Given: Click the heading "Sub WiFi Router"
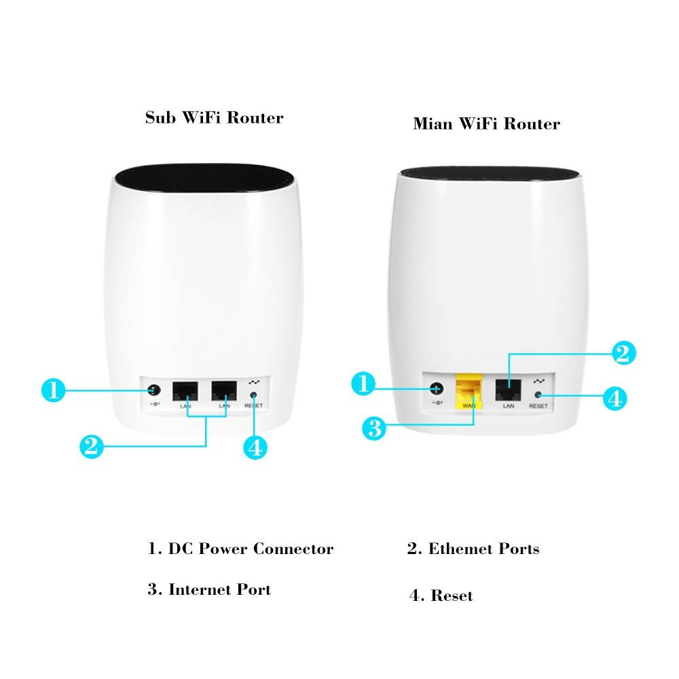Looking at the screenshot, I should tap(214, 117).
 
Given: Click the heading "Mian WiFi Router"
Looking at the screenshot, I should tap(486, 124).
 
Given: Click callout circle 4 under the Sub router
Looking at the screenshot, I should tap(255, 447).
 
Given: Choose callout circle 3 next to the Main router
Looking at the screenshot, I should tap(373, 428).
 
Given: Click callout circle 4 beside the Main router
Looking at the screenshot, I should tap(614, 398).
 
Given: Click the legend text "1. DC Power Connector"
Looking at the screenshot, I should tap(240, 549).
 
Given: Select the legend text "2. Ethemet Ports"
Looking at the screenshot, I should tap(473, 549).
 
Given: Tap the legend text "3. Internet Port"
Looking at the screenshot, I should tap(209, 589).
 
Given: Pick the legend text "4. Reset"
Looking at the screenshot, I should tap(441, 596).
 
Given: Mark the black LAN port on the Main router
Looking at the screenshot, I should tap(506, 389).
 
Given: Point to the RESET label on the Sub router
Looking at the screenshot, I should tap(253, 405).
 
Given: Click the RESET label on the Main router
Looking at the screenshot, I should tap(538, 405).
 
